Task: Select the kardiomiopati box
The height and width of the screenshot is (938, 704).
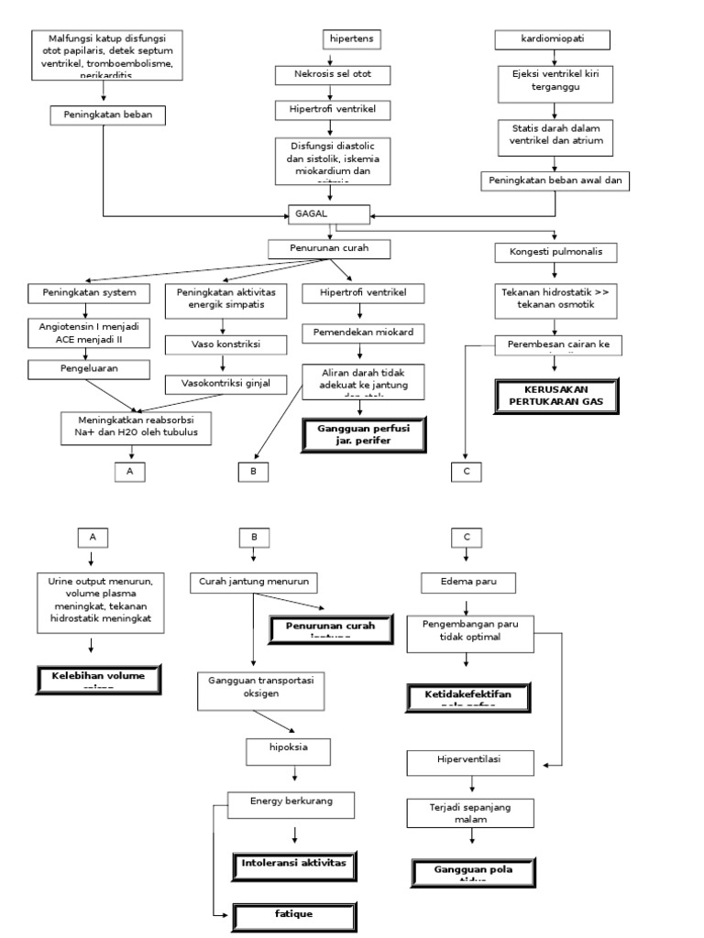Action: [553, 40]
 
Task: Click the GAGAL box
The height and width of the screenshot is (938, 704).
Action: [329, 213]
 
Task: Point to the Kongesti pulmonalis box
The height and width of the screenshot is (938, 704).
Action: [555, 251]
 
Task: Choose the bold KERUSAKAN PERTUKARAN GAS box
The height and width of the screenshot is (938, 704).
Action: [557, 395]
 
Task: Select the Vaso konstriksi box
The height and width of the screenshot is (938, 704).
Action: [224, 345]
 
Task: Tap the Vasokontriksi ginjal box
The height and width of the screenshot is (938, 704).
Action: [224, 384]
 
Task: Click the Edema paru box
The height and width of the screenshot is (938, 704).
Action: [467, 583]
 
